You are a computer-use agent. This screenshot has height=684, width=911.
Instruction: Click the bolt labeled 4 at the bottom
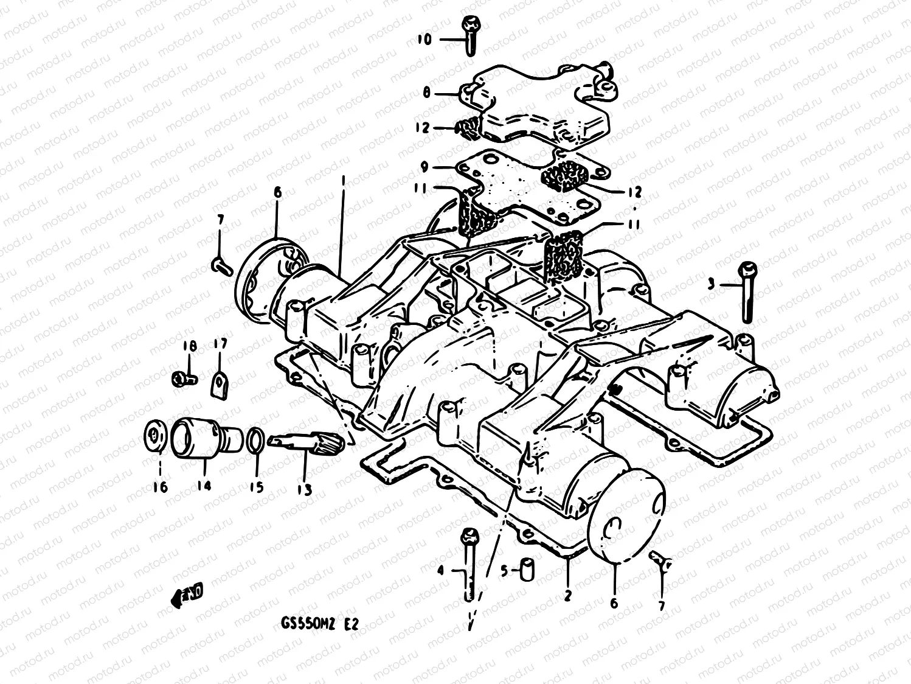(x=469, y=560)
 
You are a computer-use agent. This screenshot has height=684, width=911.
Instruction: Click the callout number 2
(x=567, y=596)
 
